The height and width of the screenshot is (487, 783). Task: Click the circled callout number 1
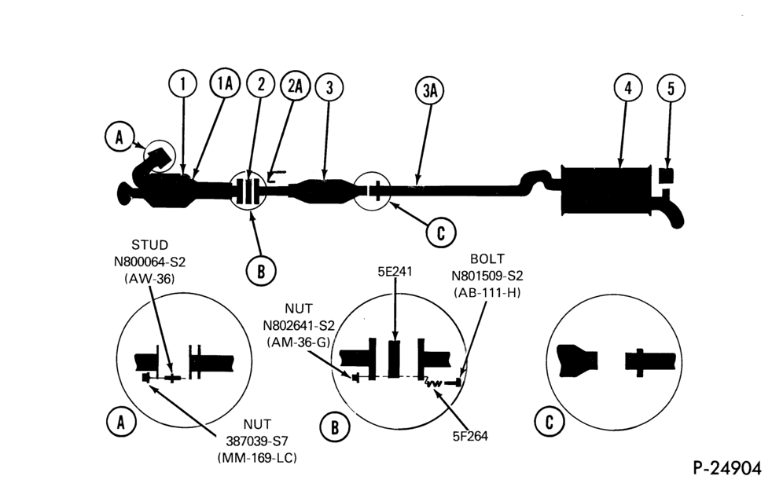click(182, 84)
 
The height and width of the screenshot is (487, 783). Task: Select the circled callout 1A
click(225, 82)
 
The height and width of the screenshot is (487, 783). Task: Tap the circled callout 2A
click(295, 86)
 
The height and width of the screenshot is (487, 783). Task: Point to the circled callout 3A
click(429, 91)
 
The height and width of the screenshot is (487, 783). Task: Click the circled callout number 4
click(627, 87)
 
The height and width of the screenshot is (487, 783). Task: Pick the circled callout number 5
click(671, 88)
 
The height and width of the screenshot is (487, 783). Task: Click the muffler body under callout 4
click(605, 191)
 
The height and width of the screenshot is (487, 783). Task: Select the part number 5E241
click(395, 272)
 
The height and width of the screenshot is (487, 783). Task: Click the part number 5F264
click(470, 436)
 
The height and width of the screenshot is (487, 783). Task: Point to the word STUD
click(150, 245)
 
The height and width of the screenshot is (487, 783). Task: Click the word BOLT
click(487, 259)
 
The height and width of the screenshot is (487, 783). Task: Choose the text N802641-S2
click(299, 325)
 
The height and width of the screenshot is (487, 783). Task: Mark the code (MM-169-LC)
click(257, 457)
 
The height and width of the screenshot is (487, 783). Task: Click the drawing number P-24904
click(727, 468)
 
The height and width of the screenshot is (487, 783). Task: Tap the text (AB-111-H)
click(487, 292)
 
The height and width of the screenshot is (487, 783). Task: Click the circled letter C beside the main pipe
click(441, 233)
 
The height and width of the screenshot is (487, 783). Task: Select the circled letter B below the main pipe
click(261, 271)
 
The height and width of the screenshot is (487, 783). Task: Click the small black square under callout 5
click(666, 176)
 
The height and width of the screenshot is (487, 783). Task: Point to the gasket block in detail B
click(394, 359)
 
